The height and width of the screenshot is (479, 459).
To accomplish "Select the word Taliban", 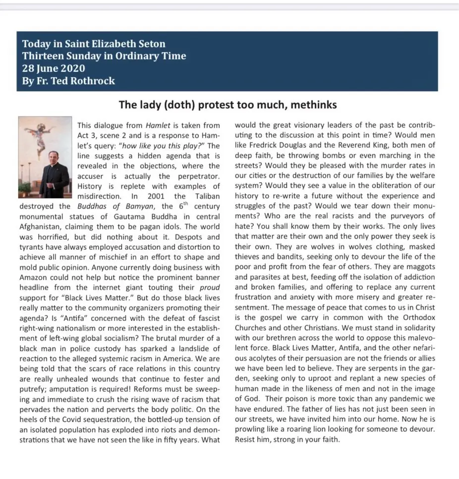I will [x=205, y=196].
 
